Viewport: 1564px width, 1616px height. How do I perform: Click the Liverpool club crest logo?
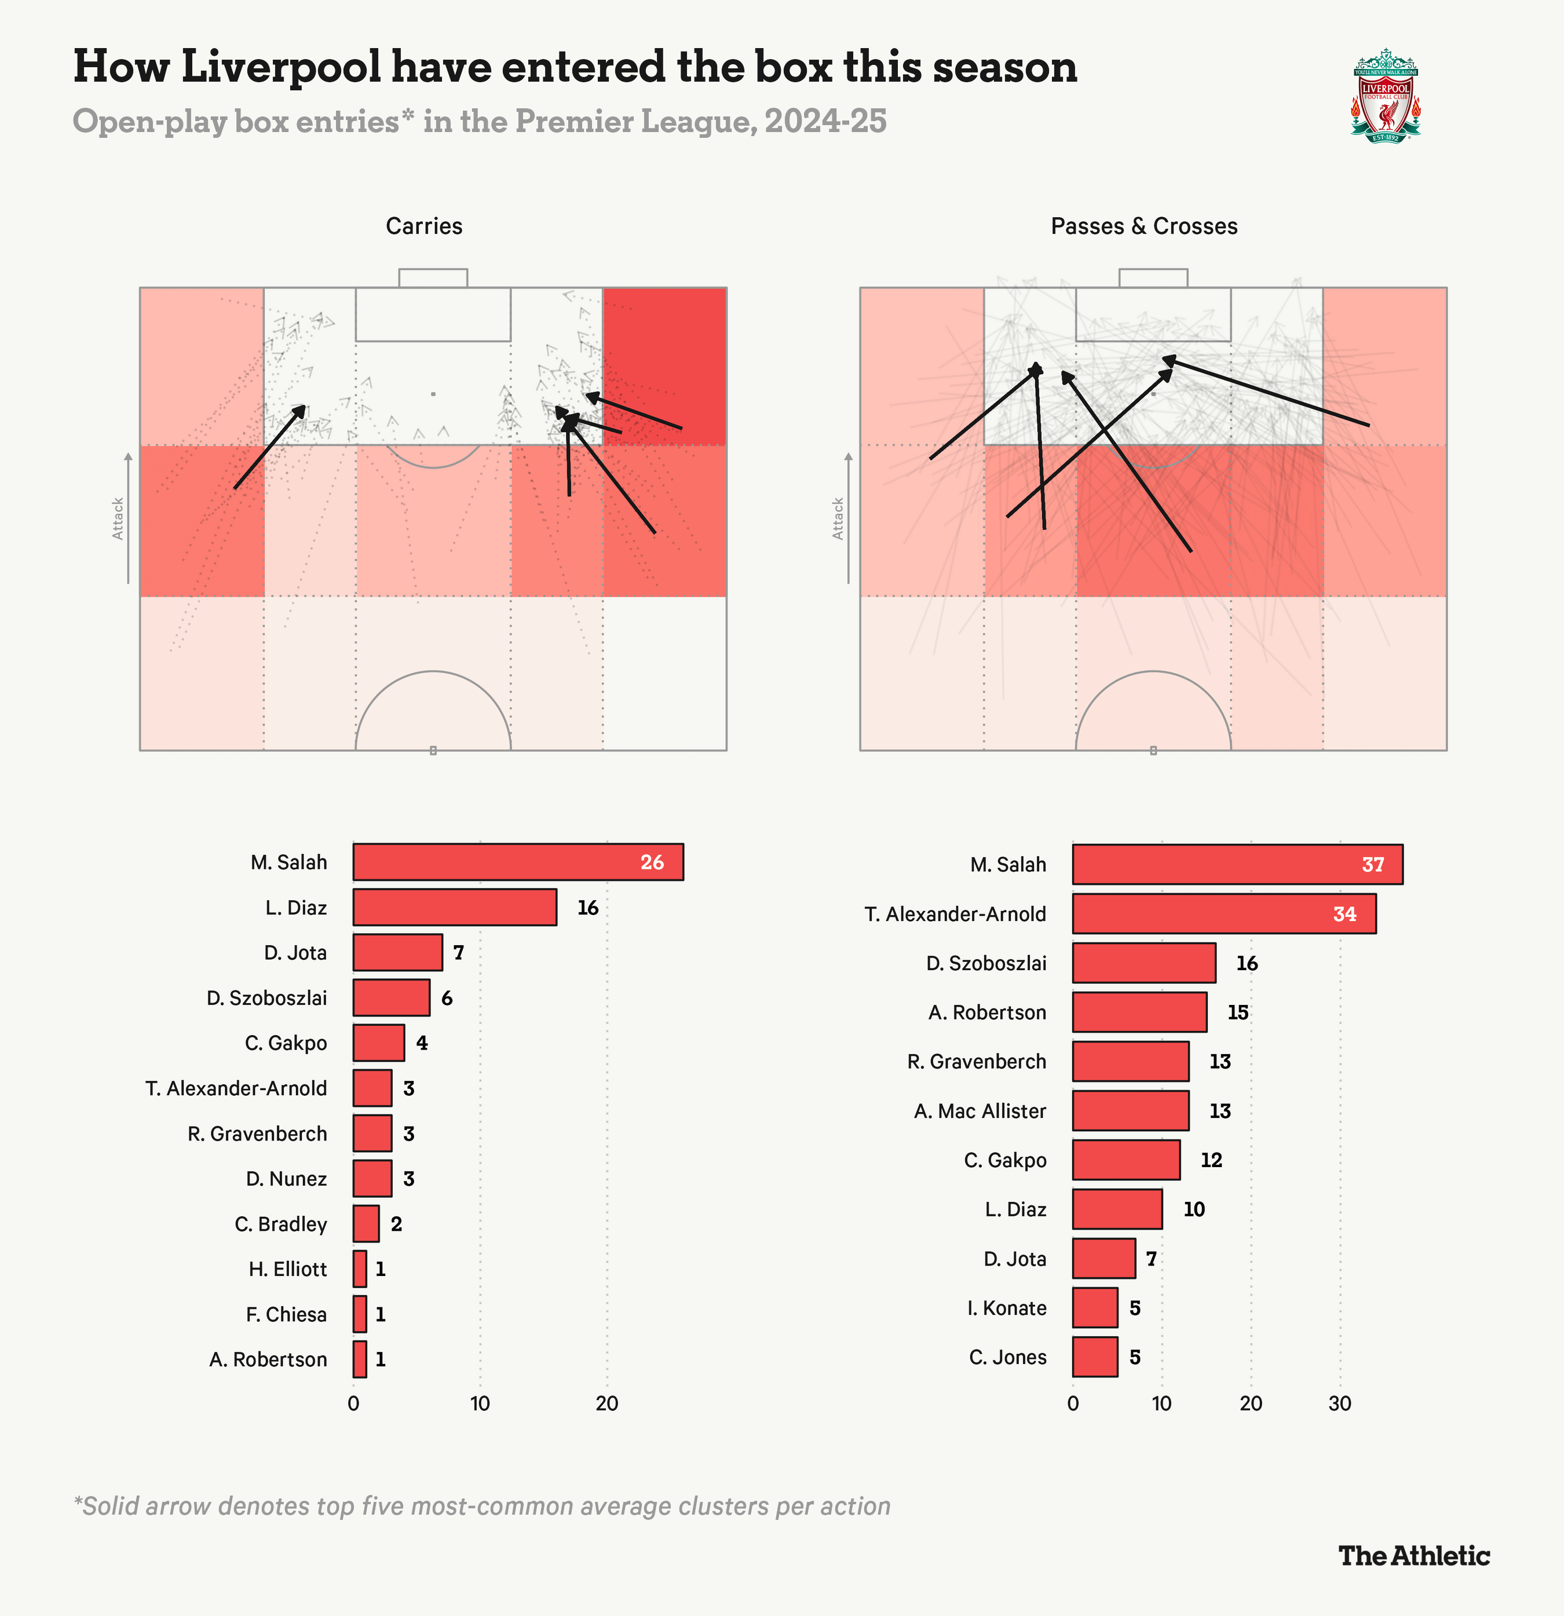coord(1385,96)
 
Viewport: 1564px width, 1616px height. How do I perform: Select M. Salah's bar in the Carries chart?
coord(518,862)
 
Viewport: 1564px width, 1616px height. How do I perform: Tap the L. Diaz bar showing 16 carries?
coord(454,907)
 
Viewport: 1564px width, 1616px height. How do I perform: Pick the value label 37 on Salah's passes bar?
coord(1373,865)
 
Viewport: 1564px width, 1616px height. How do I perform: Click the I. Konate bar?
coord(1095,1308)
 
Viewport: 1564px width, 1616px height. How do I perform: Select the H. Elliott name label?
coord(288,1269)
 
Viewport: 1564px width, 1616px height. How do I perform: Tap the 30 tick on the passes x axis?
coord(1340,1403)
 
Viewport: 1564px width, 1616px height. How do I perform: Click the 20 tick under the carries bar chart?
coord(607,1403)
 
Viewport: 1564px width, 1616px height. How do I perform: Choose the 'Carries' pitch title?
coord(424,226)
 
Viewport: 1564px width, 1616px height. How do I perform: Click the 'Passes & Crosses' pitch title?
coord(1143,226)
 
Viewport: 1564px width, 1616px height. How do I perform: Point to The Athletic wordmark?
coord(1414,1556)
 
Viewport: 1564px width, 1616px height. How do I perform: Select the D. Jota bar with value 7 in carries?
coord(397,952)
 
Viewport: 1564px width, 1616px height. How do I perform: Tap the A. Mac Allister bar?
coord(1130,1110)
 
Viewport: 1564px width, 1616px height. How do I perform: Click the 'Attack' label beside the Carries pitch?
coord(118,518)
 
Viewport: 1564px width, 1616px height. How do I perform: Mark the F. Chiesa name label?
coord(286,1314)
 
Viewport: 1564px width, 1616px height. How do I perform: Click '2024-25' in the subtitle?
coord(825,121)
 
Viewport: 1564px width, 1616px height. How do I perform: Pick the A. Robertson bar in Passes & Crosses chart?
coord(1139,1012)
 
